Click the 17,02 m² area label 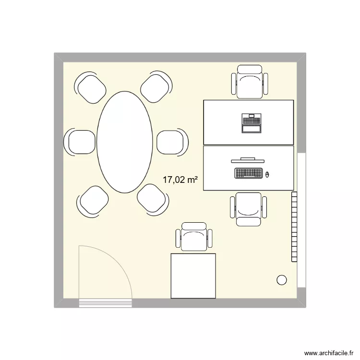180,180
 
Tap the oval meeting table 125,142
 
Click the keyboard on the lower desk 248,173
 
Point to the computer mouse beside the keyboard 267,174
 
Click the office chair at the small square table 194,237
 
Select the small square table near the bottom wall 193,276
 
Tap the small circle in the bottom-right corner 282,280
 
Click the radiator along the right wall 294,226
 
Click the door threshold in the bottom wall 105,303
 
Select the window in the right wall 301,220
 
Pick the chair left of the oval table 80,142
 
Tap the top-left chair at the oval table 91,88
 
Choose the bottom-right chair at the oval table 153,198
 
